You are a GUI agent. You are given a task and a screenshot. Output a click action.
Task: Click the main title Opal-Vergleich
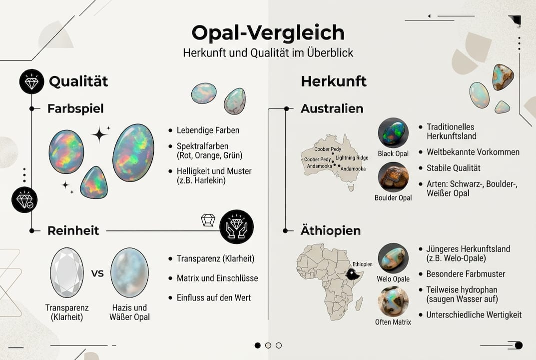268,33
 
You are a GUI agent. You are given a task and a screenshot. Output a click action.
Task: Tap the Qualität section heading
78,81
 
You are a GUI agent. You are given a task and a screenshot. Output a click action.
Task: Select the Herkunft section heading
334,81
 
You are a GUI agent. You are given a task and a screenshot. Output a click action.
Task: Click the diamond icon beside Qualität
31,81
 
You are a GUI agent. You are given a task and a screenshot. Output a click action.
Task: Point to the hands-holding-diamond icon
236,226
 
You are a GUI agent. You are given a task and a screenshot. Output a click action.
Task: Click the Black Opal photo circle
393,132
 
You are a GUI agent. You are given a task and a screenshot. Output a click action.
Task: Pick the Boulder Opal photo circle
393,177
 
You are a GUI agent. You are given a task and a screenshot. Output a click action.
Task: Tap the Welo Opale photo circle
393,258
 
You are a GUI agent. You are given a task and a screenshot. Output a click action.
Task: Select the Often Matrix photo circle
393,301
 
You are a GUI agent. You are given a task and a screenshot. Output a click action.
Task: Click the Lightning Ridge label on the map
352,158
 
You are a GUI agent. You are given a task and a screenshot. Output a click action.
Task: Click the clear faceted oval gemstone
67,272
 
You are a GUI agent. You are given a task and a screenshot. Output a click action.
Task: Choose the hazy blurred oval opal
129,272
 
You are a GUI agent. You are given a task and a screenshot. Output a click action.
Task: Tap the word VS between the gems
97,273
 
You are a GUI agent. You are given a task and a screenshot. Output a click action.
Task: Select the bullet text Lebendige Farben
208,130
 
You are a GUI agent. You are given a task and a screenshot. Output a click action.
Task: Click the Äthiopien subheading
330,231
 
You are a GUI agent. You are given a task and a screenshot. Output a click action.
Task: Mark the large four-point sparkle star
99,134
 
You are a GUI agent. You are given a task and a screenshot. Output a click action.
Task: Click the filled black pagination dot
258,345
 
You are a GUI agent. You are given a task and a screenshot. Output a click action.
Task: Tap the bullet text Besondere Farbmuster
466,274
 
